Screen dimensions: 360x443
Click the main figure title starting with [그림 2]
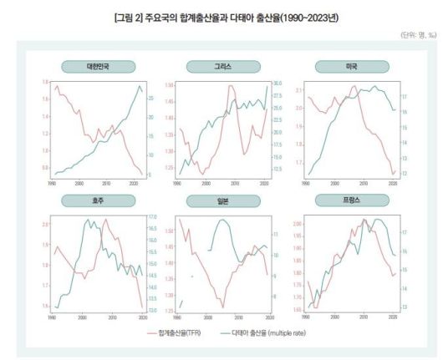tap(221, 17)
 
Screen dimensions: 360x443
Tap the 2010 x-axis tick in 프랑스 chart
tap(364, 317)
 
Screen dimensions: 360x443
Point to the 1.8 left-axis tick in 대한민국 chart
tap(45, 82)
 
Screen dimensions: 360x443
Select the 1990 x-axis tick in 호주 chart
tap(52, 317)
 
